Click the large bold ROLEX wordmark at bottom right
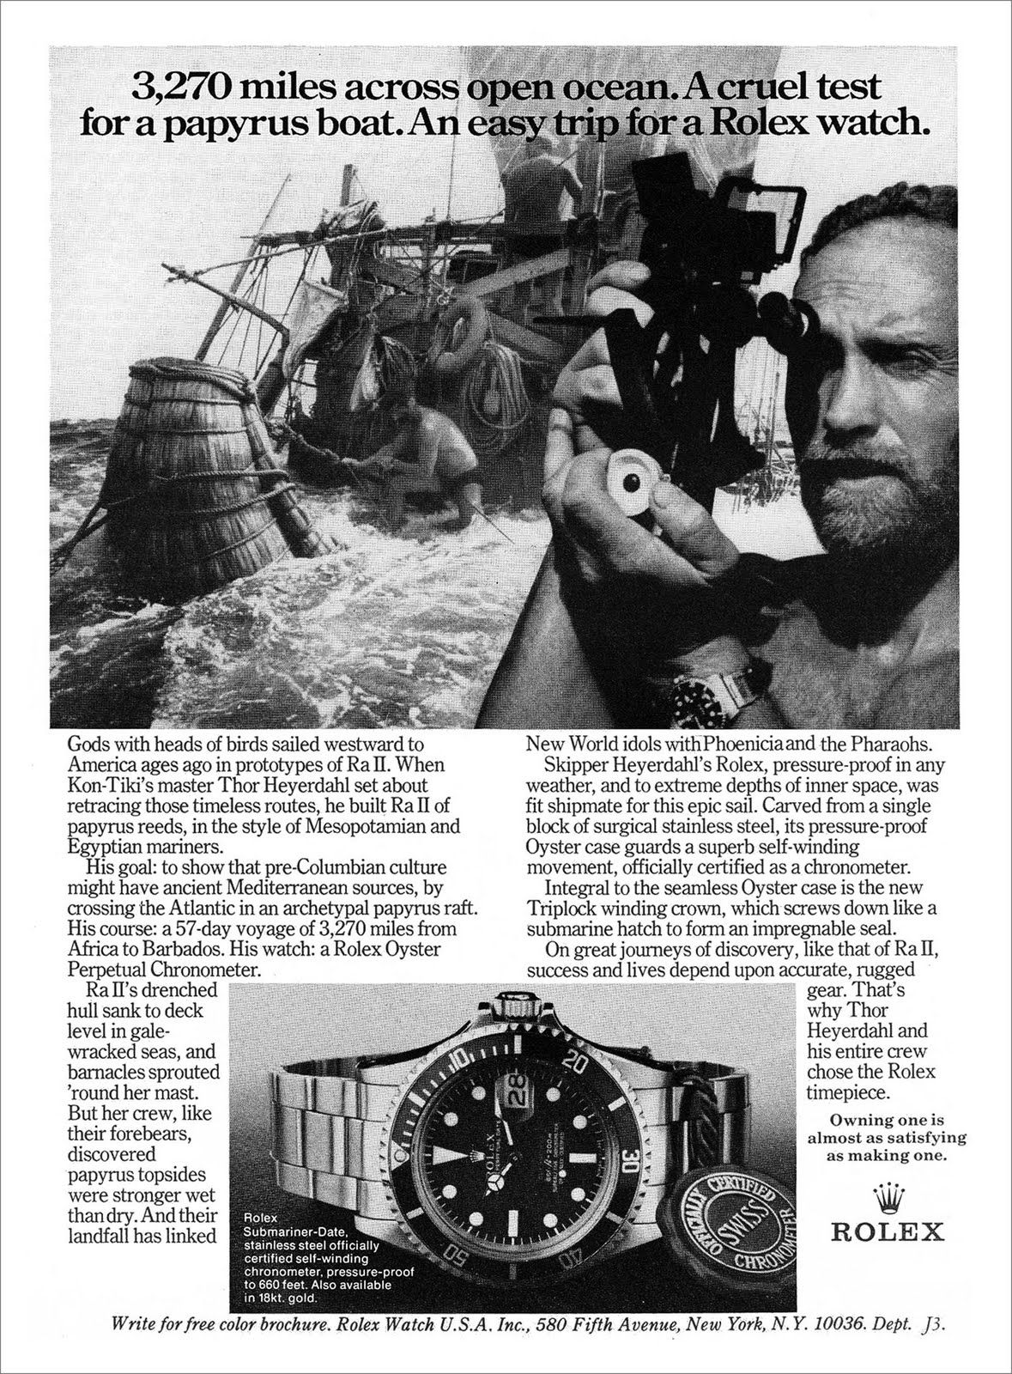pos(887,1232)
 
